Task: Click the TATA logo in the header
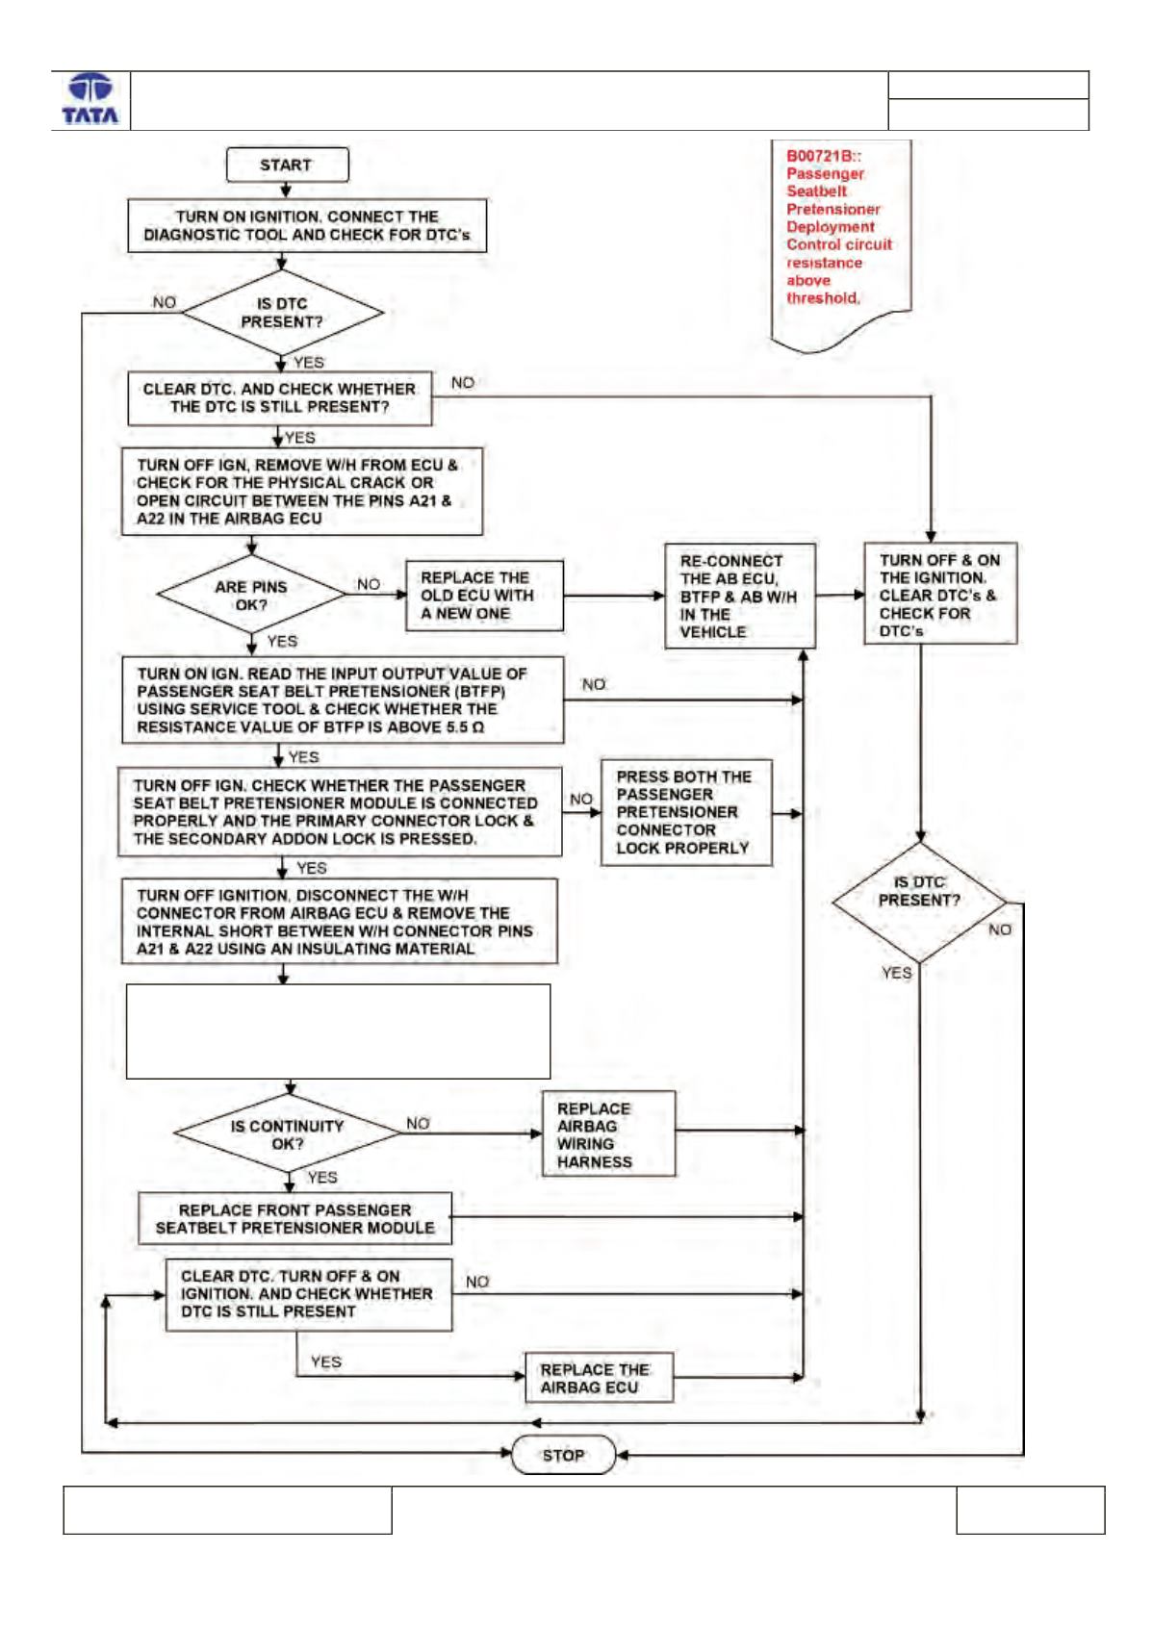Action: click(90, 100)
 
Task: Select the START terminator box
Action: click(287, 165)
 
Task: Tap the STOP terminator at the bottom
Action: click(563, 1455)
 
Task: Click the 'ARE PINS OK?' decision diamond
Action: click(251, 595)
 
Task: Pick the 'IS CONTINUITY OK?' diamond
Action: click(287, 1133)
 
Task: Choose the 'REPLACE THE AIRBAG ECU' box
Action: click(600, 1378)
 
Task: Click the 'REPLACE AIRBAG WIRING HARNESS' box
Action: click(609, 1134)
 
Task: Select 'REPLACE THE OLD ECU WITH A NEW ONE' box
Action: click(484, 596)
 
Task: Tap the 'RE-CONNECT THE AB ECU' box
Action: click(740, 596)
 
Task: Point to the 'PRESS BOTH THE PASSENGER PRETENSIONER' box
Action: click(686, 812)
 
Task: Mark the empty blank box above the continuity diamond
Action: click(338, 1031)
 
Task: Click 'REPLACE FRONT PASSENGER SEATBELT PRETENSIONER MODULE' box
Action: click(294, 1219)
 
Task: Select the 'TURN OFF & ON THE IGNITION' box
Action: click(940, 594)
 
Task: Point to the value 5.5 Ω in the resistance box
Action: click(465, 727)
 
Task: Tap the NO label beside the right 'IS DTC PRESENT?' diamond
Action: click(1000, 930)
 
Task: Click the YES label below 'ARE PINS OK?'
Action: click(282, 642)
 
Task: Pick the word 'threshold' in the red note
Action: click(822, 298)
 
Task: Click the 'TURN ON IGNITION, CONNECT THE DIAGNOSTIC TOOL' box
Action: click(307, 225)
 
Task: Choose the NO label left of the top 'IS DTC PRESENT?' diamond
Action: click(165, 302)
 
